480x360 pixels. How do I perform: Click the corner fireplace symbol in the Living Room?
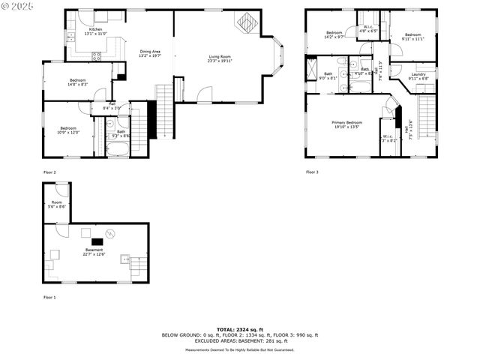(x=246, y=24)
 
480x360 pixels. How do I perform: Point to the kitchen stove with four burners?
(x=96, y=55)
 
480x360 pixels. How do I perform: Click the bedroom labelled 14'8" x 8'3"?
(x=78, y=82)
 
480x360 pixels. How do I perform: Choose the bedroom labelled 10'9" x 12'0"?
(x=68, y=130)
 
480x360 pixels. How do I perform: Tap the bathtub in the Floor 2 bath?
(x=118, y=148)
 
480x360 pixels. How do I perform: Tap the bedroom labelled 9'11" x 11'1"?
(x=414, y=36)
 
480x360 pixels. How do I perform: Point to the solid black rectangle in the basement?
(x=97, y=242)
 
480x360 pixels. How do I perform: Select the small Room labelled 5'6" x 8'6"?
(x=57, y=204)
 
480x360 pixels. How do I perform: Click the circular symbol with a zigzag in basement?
(x=110, y=233)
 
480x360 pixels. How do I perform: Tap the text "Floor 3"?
(x=312, y=172)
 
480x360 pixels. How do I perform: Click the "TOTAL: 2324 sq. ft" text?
(x=240, y=329)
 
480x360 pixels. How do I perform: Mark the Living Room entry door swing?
(x=205, y=94)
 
